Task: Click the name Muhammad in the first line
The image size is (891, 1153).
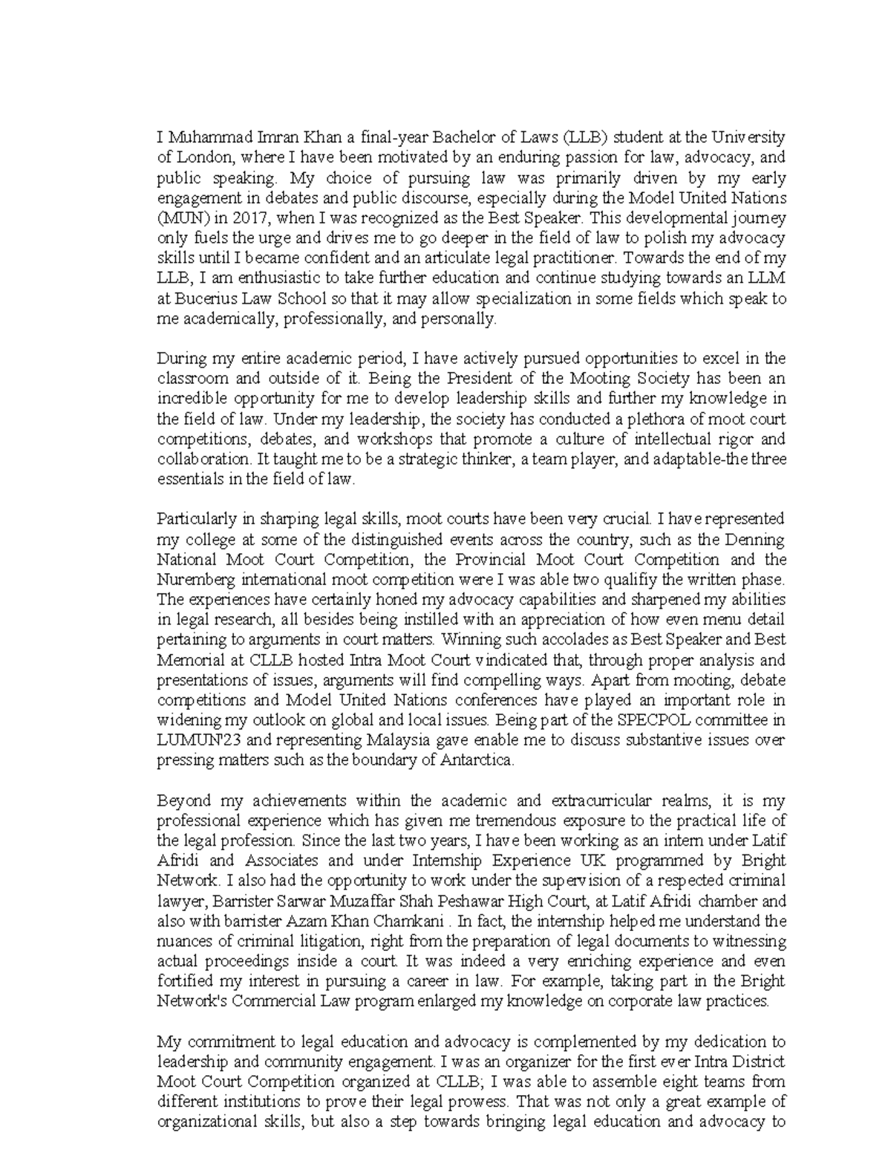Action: point(200,138)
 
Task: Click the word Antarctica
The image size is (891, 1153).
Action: point(476,760)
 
